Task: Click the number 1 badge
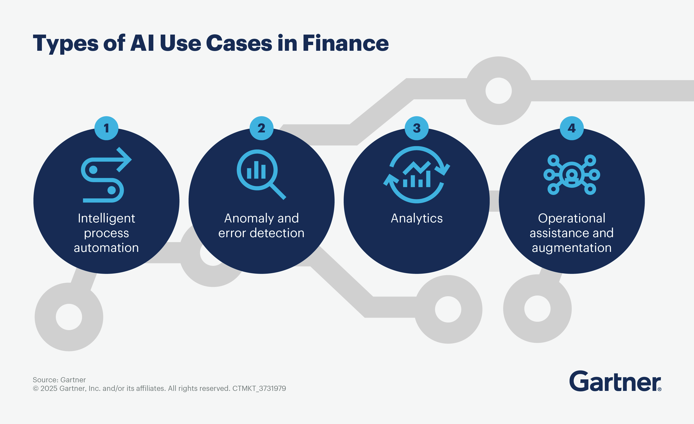(106, 128)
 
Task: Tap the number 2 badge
(261, 128)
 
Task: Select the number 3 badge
(416, 128)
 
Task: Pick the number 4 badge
(572, 128)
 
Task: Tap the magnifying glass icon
(261, 174)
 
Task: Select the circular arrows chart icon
(416, 175)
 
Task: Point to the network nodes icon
(572, 175)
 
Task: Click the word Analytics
(416, 218)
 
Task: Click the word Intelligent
(106, 218)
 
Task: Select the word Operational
(572, 218)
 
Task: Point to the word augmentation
(572, 248)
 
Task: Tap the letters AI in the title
(142, 43)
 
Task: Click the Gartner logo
(615, 381)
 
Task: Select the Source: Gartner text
(59, 380)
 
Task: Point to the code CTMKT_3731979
(259, 388)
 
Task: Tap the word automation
(106, 248)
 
